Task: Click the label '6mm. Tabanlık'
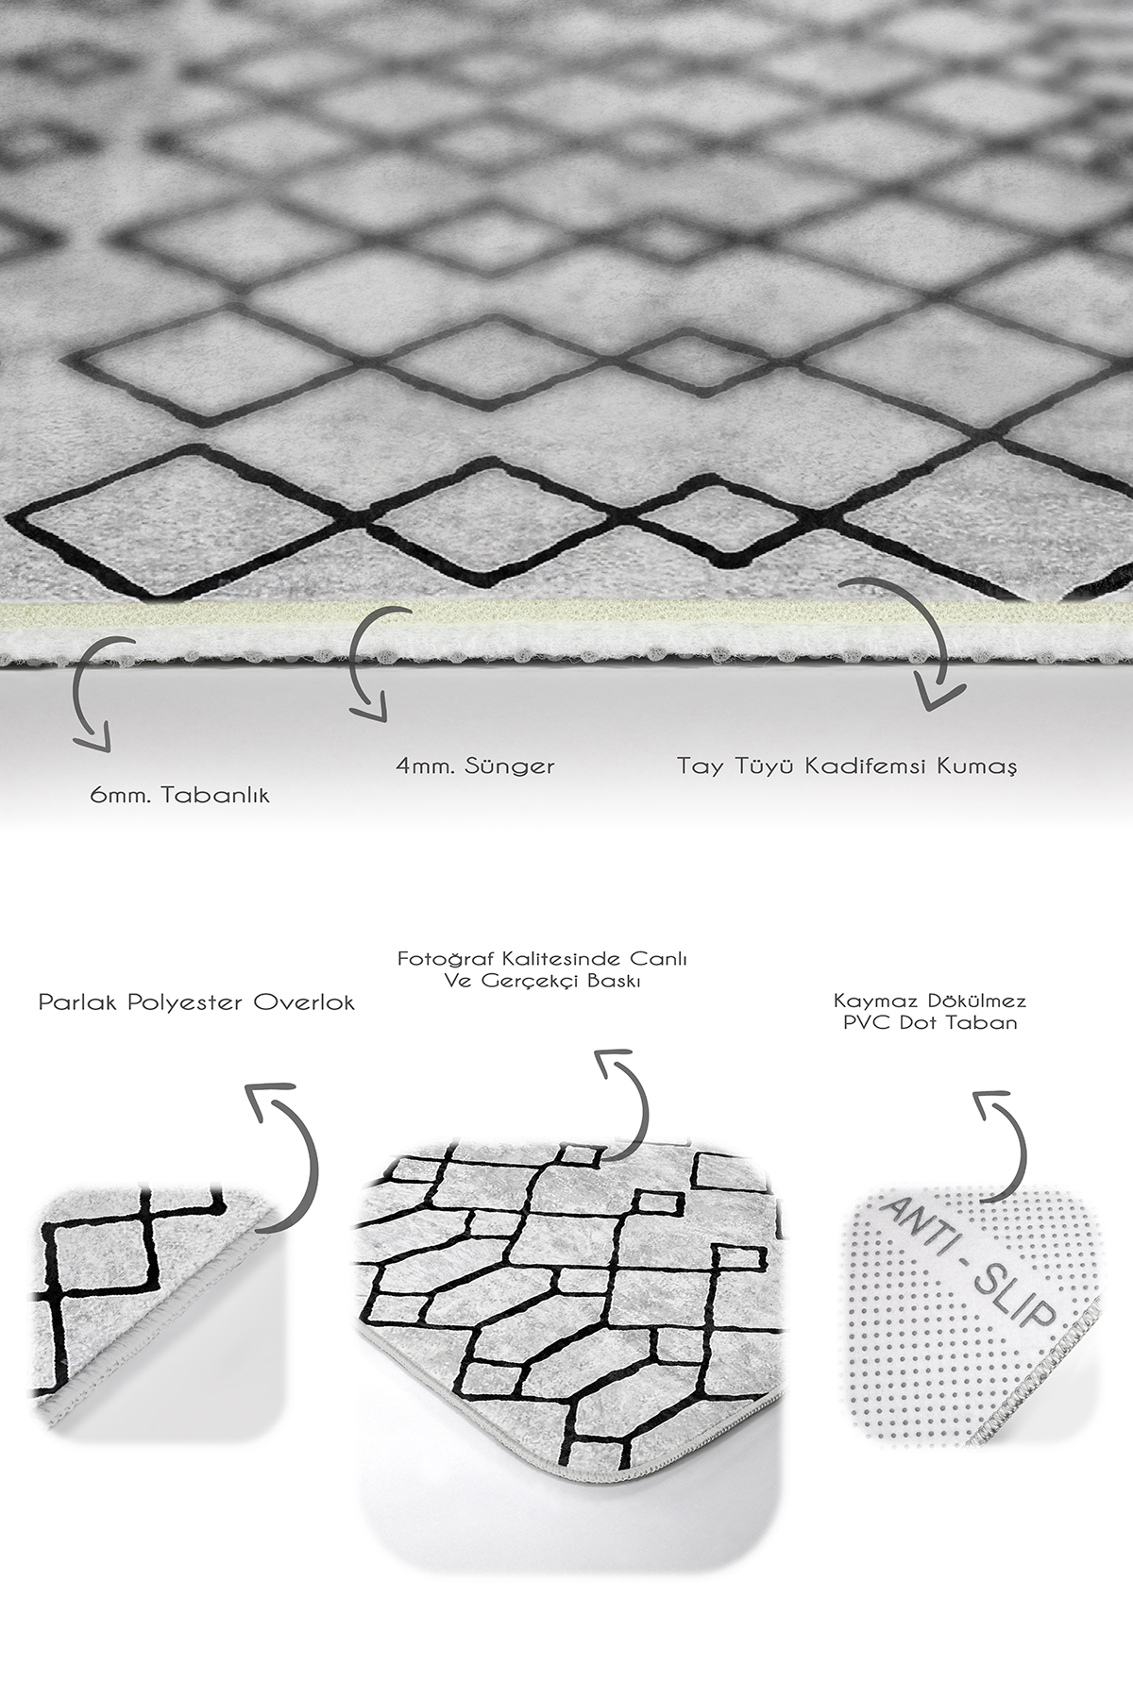(179, 796)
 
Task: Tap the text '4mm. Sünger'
(475, 766)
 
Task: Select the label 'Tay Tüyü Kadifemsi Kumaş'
(847, 765)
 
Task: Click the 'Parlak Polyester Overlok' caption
(196, 1002)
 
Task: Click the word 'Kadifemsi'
(861, 765)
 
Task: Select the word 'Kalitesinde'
(546, 958)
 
